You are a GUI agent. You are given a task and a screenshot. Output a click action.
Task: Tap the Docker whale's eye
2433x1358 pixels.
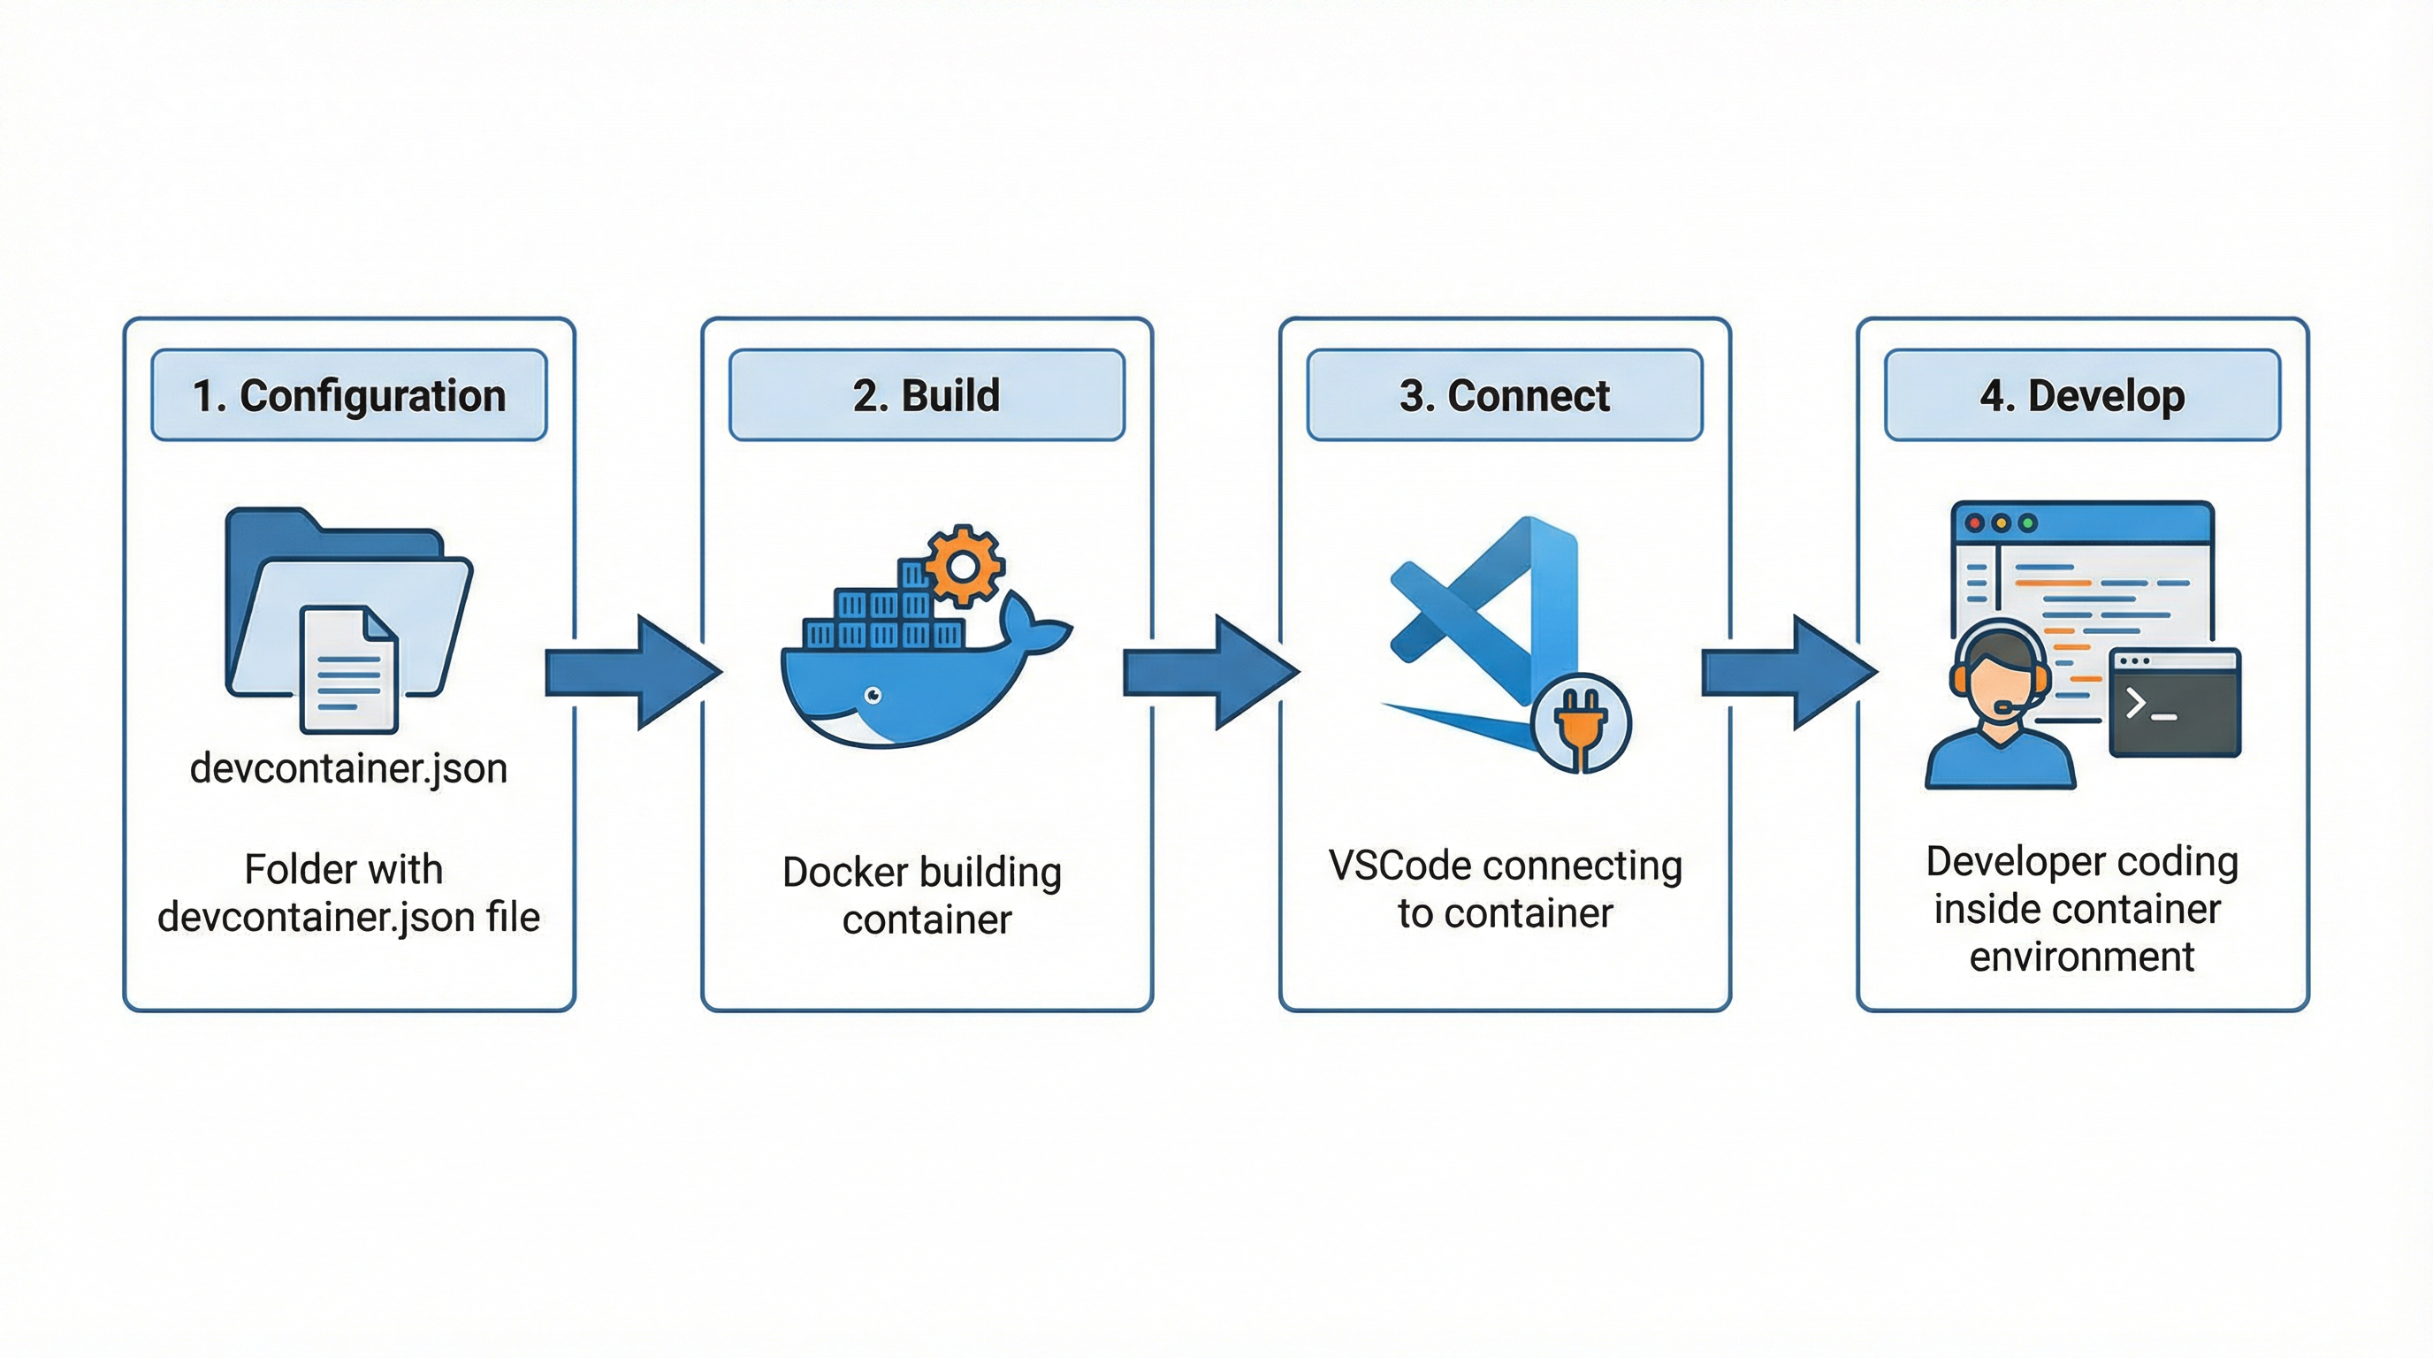coord(873,696)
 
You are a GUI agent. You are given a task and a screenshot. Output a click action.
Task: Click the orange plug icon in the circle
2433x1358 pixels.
coord(1581,724)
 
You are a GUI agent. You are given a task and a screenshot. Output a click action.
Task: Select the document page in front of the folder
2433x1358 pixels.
coord(348,670)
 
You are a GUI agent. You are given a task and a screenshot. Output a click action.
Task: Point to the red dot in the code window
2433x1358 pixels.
coord(1973,523)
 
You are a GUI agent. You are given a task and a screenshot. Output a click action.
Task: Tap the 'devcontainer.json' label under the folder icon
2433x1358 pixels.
coord(348,767)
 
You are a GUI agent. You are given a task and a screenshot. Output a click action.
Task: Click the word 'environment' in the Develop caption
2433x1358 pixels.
coord(2082,957)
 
